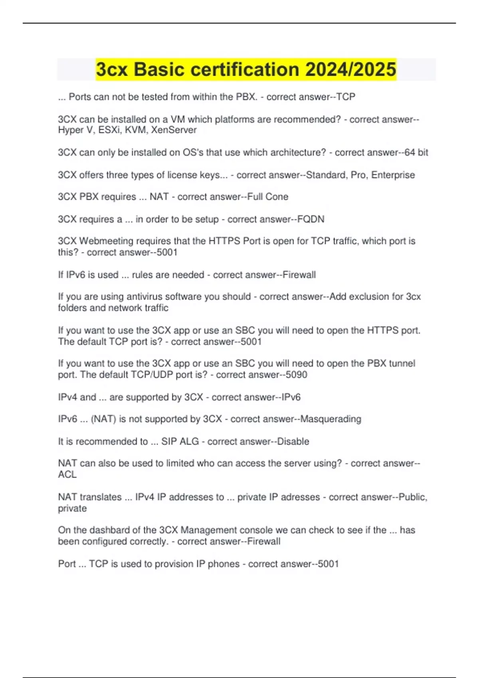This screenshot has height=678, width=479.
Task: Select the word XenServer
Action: pos(174,130)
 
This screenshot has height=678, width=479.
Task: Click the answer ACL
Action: pos(67,475)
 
